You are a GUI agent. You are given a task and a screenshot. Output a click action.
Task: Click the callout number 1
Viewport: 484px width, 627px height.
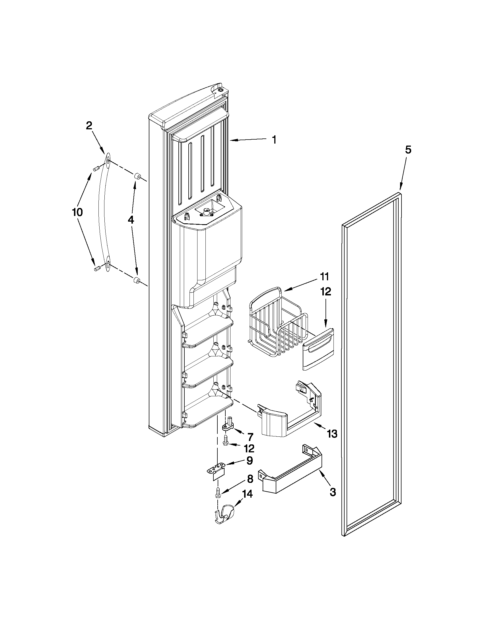274,140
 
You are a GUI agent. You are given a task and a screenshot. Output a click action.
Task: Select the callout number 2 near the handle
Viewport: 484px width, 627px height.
89,126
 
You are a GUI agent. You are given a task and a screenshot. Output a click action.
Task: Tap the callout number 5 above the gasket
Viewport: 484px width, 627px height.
408,150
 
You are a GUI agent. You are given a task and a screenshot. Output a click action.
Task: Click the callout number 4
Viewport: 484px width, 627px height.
131,220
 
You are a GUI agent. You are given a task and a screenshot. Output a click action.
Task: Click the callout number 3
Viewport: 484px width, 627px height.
332,492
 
